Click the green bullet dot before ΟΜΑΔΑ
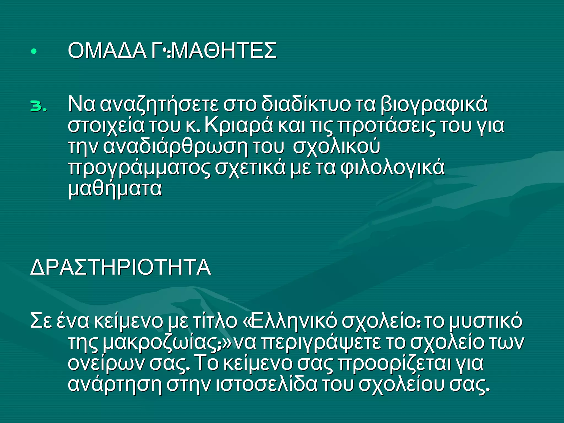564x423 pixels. coord(34,51)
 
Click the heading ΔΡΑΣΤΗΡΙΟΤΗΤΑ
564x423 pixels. coord(121,267)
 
